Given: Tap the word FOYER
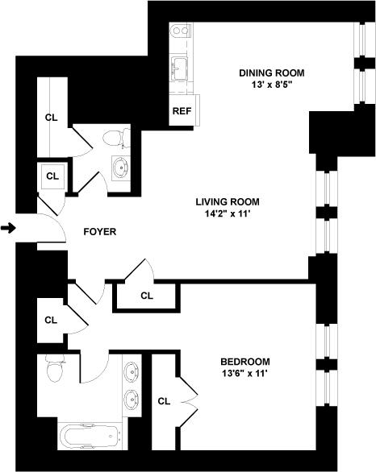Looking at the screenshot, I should click(x=100, y=232).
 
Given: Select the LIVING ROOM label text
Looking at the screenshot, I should click(x=225, y=202).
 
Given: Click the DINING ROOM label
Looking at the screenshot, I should click(x=271, y=73).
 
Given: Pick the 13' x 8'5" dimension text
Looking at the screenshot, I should click(x=271, y=86).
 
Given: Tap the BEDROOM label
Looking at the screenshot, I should click(x=244, y=362).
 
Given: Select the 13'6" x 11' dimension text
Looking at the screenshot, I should click(x=244, y=374).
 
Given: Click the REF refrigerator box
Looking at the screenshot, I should click(x=180, y=110).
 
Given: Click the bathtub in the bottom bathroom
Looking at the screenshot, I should click(x=90, y=437).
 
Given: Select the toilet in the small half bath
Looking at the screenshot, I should click(x=119, y=139).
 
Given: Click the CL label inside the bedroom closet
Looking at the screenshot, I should click(x=164, y=401).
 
